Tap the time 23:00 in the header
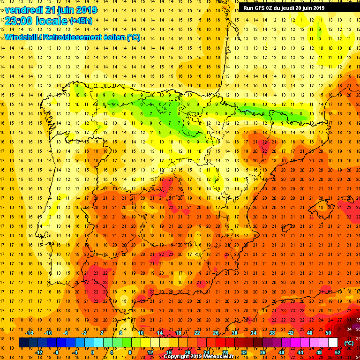coord(19,22)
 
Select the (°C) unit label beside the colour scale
coord(349,343)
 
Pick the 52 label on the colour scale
coord(338,352)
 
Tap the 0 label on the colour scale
coord(92,352)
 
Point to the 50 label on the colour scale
coord(328,332)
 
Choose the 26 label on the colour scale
coord(216,332)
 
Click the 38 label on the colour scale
coord(272,332)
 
